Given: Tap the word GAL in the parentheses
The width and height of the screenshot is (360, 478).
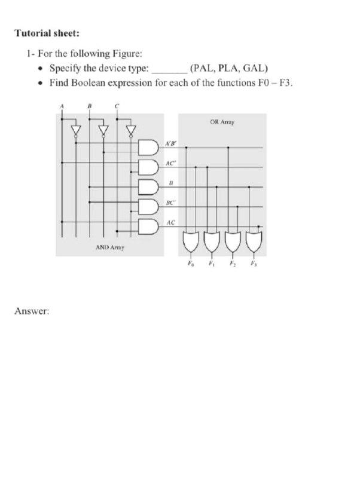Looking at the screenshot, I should click(x=255, y=68).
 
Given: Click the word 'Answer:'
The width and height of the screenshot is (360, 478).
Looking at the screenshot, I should click(x=32, y=311).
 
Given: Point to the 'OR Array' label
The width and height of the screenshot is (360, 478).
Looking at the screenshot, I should click(x=222, y=122).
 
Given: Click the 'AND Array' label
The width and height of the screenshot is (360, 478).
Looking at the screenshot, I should click(x=110, y=246).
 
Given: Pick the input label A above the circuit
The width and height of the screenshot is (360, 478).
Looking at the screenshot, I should click(x=61, y=106).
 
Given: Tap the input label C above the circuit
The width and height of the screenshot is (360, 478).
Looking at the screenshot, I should click(x=117, y=106).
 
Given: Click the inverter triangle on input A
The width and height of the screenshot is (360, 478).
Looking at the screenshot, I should click(x=75, y=130).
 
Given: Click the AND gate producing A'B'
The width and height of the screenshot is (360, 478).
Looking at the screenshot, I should click(x=147, y=147).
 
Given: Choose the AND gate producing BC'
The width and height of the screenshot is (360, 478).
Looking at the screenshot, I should click(x=147, y=207).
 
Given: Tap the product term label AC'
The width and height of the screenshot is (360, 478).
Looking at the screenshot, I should click(x=171, y=163).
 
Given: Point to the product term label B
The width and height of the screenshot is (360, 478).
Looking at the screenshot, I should click(x=171, y=182).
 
